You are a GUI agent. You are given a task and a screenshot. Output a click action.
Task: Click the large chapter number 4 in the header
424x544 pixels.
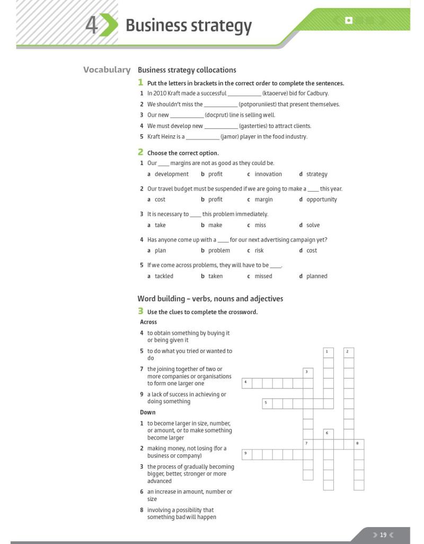pos(91,25)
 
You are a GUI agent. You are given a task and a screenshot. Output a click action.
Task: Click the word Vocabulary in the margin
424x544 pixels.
pos(107,70)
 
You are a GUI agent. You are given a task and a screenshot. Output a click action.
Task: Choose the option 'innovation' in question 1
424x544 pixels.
pos(268,174)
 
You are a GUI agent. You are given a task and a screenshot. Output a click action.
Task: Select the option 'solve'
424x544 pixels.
pos(313,225)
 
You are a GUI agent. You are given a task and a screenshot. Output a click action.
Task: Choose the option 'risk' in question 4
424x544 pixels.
pos(259,251)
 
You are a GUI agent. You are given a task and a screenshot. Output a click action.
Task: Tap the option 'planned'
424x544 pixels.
pos(316,276)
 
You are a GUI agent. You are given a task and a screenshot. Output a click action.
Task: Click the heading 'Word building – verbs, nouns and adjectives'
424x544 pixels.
pos(210,299)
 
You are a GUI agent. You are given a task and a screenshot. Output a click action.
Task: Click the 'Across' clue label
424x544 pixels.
pos(148,322)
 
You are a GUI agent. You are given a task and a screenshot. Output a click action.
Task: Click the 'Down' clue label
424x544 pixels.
pos(148,412)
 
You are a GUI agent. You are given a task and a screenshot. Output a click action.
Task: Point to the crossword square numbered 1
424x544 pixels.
pos(329,352)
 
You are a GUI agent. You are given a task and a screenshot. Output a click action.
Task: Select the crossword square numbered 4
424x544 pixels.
pos(247,383)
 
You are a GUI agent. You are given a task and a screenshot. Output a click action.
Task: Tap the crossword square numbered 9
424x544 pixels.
pos(247,454)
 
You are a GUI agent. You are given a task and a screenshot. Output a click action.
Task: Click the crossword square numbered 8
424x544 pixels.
pos(359,444)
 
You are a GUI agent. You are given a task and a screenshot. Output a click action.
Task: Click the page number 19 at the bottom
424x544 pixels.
pos(383,535)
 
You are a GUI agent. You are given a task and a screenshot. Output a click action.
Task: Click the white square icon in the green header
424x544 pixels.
pos(348,21)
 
